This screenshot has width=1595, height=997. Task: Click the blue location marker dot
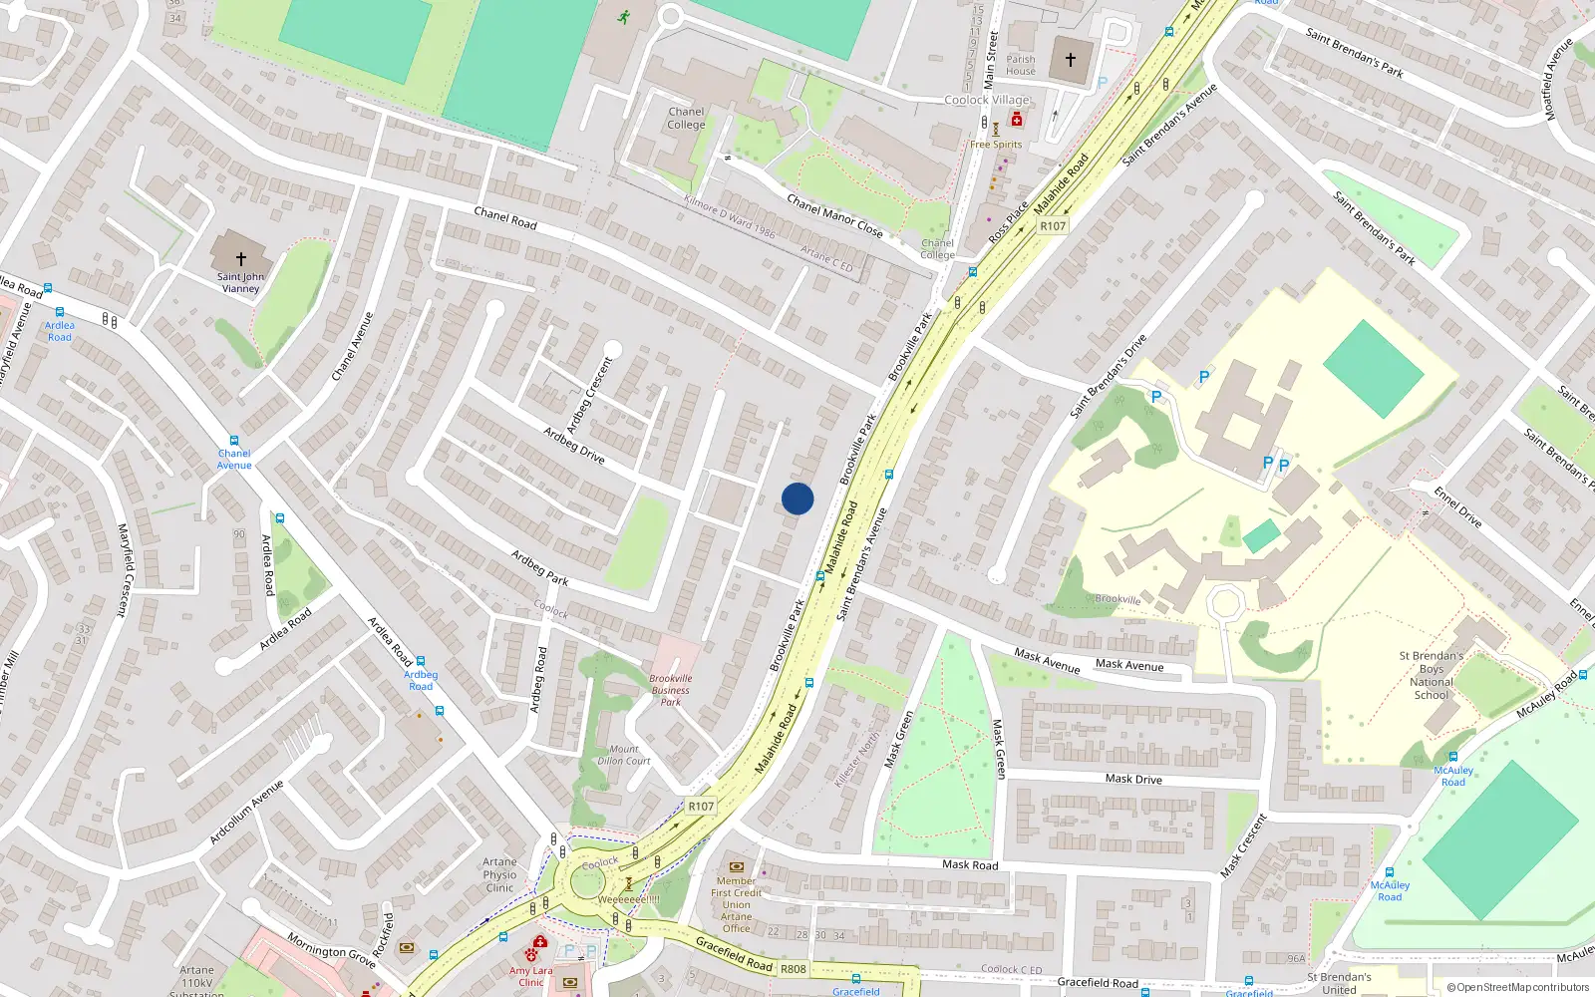(797, 498)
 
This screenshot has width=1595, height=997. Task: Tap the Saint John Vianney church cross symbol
(240, 258)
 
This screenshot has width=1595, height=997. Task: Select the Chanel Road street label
(505, 218)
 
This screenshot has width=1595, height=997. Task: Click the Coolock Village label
(987, 100)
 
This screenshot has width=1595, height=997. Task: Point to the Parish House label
(1021, 65)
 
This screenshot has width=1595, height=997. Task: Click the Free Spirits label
(996, 145)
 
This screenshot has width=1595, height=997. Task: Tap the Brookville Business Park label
(671, 690)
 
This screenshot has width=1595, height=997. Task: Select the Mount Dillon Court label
(624, 755)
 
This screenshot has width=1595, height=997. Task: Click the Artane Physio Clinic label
(500, 874)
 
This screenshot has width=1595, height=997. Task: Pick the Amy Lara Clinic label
(530, 976)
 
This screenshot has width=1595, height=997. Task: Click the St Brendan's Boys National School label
(1432, 675)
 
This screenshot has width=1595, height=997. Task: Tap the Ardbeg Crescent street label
(589, 394)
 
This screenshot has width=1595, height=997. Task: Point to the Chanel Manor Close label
(834, 215)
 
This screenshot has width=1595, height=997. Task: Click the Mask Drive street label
(1133, 779)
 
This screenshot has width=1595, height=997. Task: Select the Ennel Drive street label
(1457, 506)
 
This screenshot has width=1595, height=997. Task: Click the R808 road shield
(794, 968)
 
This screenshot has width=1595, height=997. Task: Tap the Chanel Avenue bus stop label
(234, 459)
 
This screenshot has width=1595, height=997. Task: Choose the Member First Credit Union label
(737, 904)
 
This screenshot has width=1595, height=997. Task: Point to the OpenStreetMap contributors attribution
(1518, 987)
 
